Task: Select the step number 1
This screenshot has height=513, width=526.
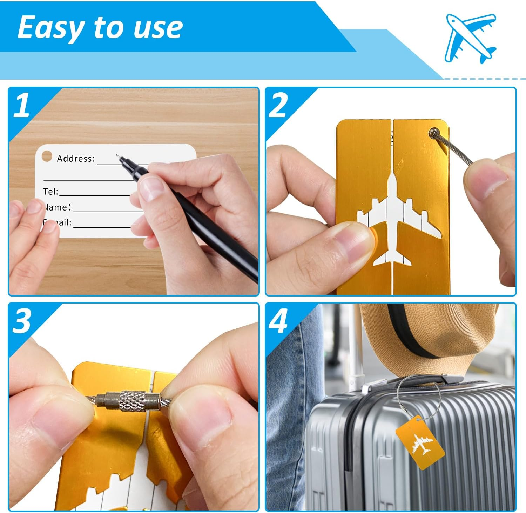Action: [x=22, y=105]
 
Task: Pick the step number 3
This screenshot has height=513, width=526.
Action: [x=22, y=321]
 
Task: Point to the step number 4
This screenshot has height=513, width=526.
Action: [x=278, y=321]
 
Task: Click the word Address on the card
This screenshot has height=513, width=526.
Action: [x=76, y=159]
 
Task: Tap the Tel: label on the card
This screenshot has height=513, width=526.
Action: [x=50, y=192]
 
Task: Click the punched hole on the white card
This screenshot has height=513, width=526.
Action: [x=47, y=156]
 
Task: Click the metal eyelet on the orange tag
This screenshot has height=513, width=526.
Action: [x=434, y=133]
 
